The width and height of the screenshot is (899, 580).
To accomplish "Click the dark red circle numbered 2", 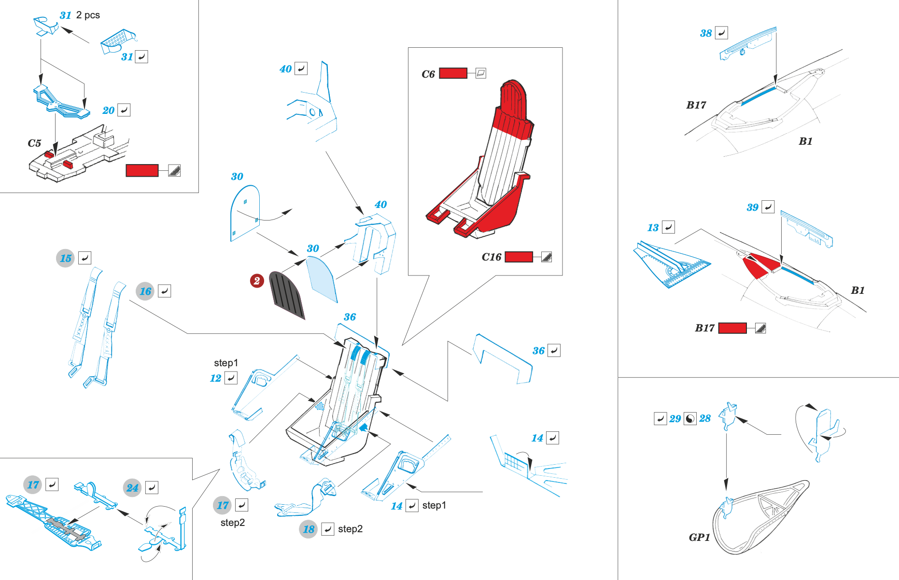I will (257, 280).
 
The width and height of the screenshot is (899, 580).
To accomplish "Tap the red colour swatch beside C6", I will (453, 73).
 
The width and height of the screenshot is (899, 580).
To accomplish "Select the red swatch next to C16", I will (519, 257).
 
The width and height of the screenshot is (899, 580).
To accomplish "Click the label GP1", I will (699, 538).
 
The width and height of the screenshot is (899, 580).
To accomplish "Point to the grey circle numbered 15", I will (65, 258).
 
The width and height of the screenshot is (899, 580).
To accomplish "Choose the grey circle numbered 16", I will (145, 291).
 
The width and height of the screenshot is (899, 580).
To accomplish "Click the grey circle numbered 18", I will (308, 529).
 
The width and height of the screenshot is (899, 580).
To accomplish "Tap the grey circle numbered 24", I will (132, 488).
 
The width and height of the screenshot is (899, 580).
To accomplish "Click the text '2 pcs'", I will (88, 15).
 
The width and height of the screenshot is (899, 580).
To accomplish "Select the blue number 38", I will (706, 33).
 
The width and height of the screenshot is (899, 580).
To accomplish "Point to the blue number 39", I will (752, 207).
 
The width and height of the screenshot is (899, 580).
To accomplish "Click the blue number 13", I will (653, 228).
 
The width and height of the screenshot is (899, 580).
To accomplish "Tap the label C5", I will (34, 143).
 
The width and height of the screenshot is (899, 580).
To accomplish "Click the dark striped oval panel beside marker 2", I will (287, 295).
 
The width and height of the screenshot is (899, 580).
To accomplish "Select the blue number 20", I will (108, 110).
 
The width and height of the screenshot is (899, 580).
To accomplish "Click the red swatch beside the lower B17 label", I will (732, 328).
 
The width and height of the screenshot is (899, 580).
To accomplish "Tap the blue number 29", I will (675, 419).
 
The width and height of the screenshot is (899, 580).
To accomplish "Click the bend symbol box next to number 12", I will (231, 378).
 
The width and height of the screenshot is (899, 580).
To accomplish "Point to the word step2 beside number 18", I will (350, 529).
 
